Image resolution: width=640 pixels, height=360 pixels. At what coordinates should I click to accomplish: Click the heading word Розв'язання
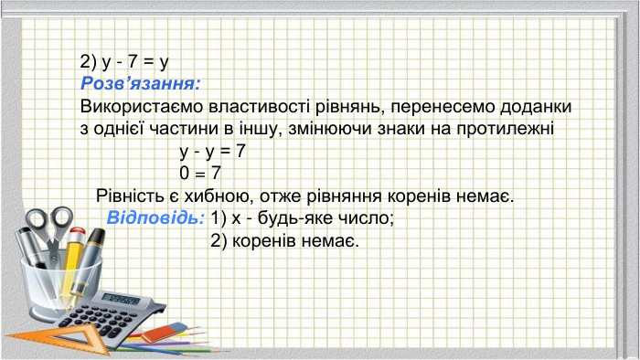pyautogui.click(x=139, y=84)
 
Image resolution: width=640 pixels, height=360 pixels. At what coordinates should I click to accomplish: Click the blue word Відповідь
pyautogui.click(x=155, y=218)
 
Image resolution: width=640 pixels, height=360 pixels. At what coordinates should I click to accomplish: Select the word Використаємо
pyautogui.click(x=135, y=107)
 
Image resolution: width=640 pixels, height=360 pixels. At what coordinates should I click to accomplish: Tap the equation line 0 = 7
pyautogui.click(x=201, y=173)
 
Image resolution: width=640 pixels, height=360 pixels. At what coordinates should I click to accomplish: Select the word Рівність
pyautogui.click(x=131, y=196)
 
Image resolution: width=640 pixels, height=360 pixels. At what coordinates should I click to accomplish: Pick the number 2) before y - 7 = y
pyautogui.click(x=89, y=62)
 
